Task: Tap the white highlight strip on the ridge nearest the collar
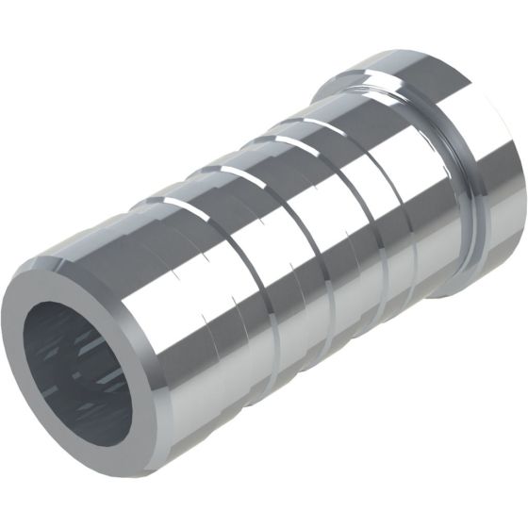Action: click(x=330, y=123)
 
